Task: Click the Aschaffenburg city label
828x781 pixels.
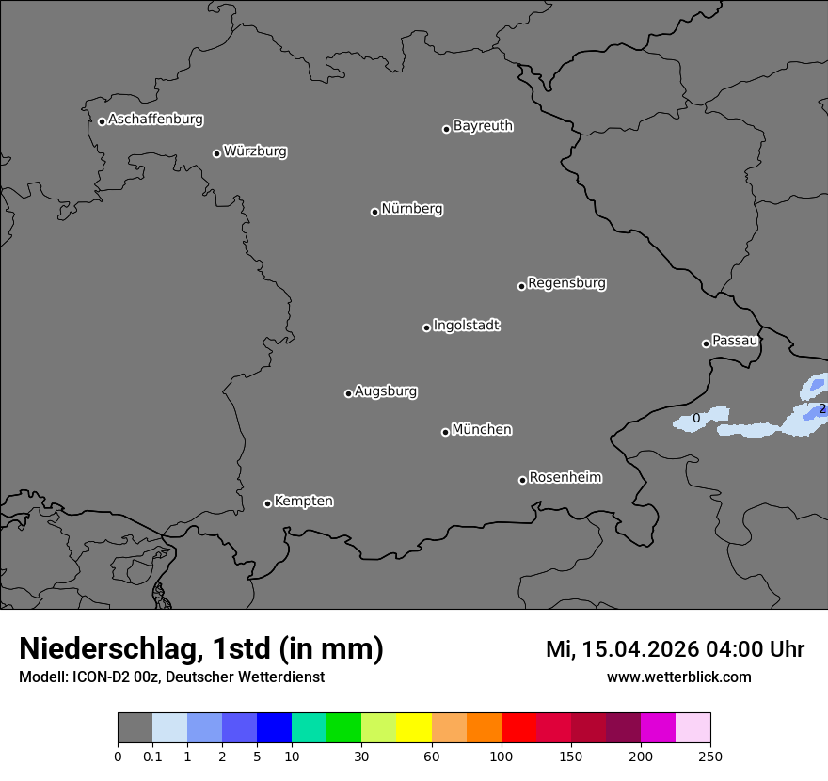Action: click(x=155, y=120)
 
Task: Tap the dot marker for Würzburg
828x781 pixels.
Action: click(x=216, y=153)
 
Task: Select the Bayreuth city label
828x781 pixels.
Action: click(x=483, y=126)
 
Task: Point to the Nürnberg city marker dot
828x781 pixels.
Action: click(x=374, y=212)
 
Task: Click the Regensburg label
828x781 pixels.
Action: click(x=566, y=283)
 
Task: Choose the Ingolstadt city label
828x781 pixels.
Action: click(x=466, y=326)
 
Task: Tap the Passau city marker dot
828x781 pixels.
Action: click(x=706, y=343)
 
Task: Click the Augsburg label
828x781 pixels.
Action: click(x=386, y=391)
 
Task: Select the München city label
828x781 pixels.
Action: click(x=482, y=430)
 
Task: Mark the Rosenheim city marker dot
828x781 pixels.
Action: click(x=522, y=481)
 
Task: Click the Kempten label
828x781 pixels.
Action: click(x=303, y=502)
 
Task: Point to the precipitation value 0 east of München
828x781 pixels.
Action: click(x=696, y=419)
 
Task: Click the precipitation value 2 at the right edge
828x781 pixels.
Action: click(x=821, y=409)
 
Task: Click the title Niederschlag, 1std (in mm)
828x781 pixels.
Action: click(x=201, y=648)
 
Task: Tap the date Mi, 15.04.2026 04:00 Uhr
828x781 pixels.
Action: click(x=675, y=649)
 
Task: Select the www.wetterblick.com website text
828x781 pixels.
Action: click(x=678, y=677)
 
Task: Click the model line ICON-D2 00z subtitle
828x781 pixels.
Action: click(x=171, y=677)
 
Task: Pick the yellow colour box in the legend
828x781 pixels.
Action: click(x=414, y=728)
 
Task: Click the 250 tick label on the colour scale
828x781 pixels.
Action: click(x=710, y=756)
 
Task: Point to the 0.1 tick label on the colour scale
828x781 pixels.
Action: click(x=152, y=756)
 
